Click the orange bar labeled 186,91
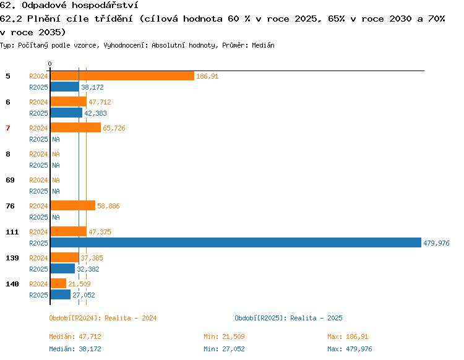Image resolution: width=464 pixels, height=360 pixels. [x=122, y=75]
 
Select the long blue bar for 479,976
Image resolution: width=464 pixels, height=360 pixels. [x=236, y=242]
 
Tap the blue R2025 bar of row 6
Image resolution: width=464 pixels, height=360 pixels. [x=66, y=113]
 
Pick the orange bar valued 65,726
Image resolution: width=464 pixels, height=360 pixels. [x=75, y=128]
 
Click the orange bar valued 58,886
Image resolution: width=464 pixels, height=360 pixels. [x=73, y=205]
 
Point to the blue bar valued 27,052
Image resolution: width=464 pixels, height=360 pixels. [x=61, y=294]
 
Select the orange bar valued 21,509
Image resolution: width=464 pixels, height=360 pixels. [x=58, y=283]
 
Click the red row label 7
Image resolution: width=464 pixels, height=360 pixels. [x=8, y=128]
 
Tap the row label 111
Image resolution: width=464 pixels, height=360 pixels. [x=12, y=232]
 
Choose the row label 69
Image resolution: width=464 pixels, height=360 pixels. [x=10, y=180]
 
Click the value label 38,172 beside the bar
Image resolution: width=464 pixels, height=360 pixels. [x=92, y=87]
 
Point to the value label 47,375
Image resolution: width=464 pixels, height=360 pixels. [x=100, y=232]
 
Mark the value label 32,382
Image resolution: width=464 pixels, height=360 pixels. [x=88, y=269]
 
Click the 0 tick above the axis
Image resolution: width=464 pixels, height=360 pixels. [x=49, y=64]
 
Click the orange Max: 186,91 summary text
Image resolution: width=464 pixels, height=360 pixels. [x=348, y=336]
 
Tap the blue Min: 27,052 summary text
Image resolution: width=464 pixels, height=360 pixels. [x=224, y=349]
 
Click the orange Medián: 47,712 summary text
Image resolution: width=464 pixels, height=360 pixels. [x=75, y=336]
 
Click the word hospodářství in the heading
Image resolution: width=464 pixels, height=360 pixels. [x=105, y=5]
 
